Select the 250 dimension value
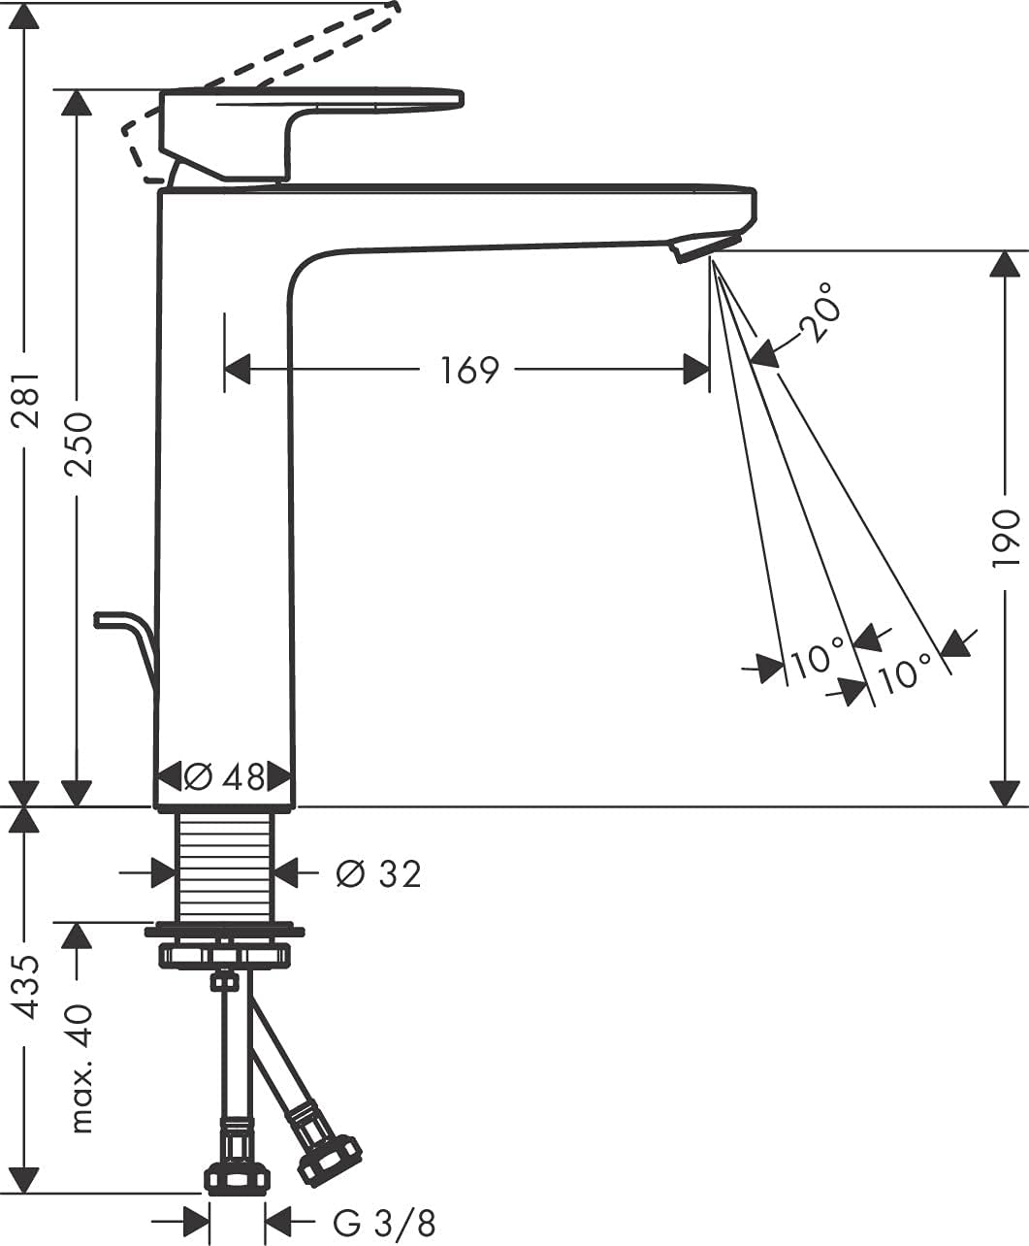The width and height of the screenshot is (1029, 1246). [x=77, y=443]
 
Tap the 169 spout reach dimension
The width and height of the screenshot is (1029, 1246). [x=469, y=370]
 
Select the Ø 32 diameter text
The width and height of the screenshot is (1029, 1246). [x=378, y=874]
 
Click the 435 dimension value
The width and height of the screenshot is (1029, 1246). [x=24, y=986]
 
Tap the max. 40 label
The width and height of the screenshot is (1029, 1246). [x=81, y=1067]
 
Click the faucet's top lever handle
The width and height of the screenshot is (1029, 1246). [x=310, y=126]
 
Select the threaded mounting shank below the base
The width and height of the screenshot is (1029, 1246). [x=225, y=864]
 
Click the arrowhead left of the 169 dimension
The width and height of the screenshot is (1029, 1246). [x=238, y=370]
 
